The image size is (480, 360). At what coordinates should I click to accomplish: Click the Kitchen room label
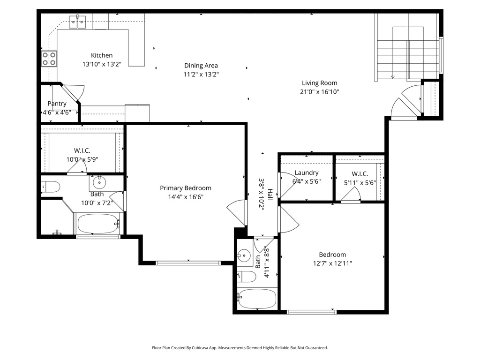(102, 55)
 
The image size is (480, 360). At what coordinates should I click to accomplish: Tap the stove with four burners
(49, 58)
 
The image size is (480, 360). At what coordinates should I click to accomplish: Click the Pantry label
(57, 104)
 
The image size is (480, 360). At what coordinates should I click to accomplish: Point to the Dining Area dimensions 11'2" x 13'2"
(201, 74)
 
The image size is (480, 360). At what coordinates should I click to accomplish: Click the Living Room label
(319, 83)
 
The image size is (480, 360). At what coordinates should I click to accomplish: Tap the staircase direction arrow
(393, 76)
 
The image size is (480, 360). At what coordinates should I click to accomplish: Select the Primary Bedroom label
(186, 188)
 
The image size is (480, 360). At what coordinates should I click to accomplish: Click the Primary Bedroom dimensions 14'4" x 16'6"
(186, 197)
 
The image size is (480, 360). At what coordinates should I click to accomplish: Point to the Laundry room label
(307, 172)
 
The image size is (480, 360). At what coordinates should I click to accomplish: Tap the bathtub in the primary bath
(97, 224)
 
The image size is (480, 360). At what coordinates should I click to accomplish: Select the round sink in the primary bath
(99, 181)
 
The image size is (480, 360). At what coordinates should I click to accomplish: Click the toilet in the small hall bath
(247, 277)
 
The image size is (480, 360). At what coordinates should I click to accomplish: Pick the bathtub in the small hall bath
(257, 299)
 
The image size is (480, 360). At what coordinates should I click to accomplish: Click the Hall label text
(270, 195)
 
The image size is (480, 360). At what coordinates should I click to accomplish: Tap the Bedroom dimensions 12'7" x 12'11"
(332, 263)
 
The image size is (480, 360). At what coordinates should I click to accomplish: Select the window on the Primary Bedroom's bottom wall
(188, 262)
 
